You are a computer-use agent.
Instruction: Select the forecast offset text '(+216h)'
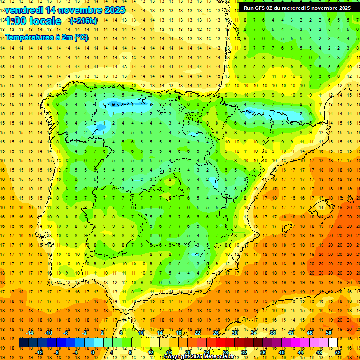(83, 21)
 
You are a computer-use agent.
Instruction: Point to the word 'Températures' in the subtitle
(29, 37)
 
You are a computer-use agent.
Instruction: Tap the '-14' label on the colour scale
(30, 333)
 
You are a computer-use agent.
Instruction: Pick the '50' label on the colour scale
(328, 333)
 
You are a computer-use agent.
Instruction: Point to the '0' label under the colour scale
(92, 352)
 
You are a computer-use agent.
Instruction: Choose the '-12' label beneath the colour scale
(39, 352)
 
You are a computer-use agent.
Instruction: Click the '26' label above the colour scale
(216, 333)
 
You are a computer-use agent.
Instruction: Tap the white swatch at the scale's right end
(333, 343)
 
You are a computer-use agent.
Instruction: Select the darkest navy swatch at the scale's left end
(23, 343)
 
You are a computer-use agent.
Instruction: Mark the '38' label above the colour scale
(272, 333)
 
